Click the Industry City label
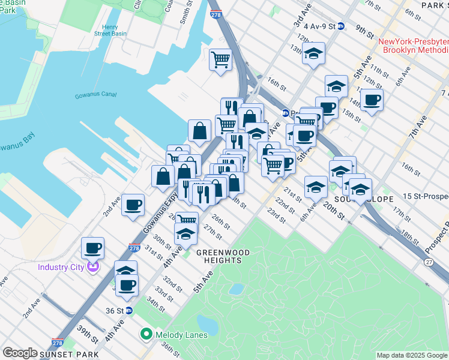point(61,267)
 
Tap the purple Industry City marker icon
point(92,267)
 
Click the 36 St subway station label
point(114,311)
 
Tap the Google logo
point(20,352)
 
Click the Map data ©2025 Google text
point(412,355)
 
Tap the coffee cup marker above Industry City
point(93,247)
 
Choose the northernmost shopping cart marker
point(220,59)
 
